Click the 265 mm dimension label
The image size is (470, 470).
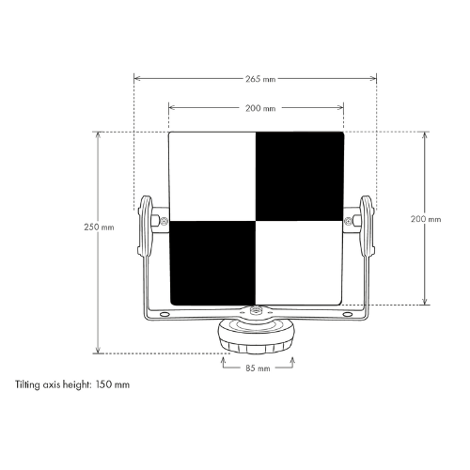[260, 79]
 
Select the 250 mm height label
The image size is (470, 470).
[99, 227]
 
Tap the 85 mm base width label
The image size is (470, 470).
[258, 368]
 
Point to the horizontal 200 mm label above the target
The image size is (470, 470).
[260, 108]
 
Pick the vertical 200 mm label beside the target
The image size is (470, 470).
[426, 219]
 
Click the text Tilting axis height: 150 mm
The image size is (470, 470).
[72, 384]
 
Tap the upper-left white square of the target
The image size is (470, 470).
[212, 176]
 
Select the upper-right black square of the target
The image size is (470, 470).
[300, 176]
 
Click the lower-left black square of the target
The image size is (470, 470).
[213, 262]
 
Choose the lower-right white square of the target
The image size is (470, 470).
[299, 262]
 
